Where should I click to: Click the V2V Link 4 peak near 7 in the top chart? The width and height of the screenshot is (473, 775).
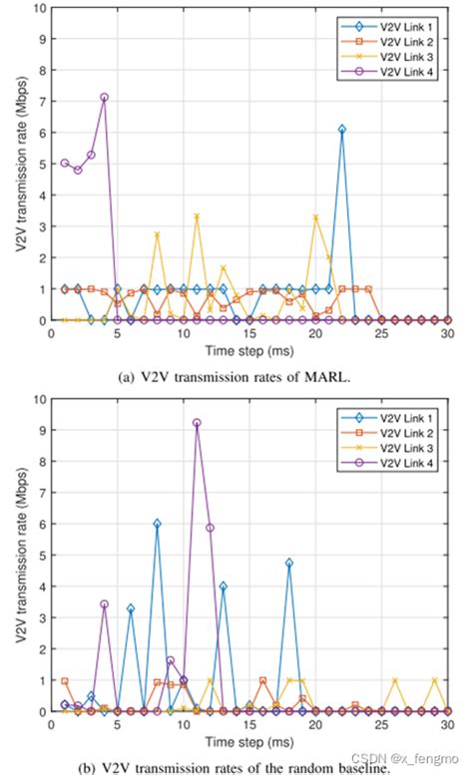pyautogui.click(x=104, y=97)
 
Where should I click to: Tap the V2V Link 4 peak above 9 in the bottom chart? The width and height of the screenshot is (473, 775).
pyautogui.click(x=197, y=423)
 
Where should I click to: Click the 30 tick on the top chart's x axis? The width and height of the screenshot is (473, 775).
pyautogui.click(x=448, y=332)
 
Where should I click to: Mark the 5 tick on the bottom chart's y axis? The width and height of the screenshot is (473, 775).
pyautogui.click(x=40, y=555)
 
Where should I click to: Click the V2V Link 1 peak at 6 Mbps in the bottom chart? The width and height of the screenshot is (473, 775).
pyautogui.click(x=157, y=524)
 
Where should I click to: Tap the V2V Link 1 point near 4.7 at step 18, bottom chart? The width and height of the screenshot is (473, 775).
pyautogui.click(x=289, y=563)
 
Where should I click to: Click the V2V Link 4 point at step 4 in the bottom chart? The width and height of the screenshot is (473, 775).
pyautogui.click(x=104, y=604)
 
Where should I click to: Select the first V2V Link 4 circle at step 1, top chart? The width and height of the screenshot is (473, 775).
pyautogui.click(x=65, y=163)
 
